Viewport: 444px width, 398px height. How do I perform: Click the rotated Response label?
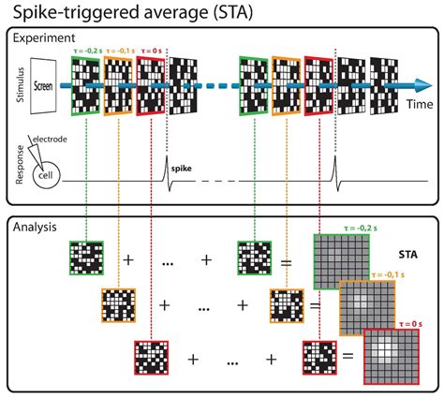18,171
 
